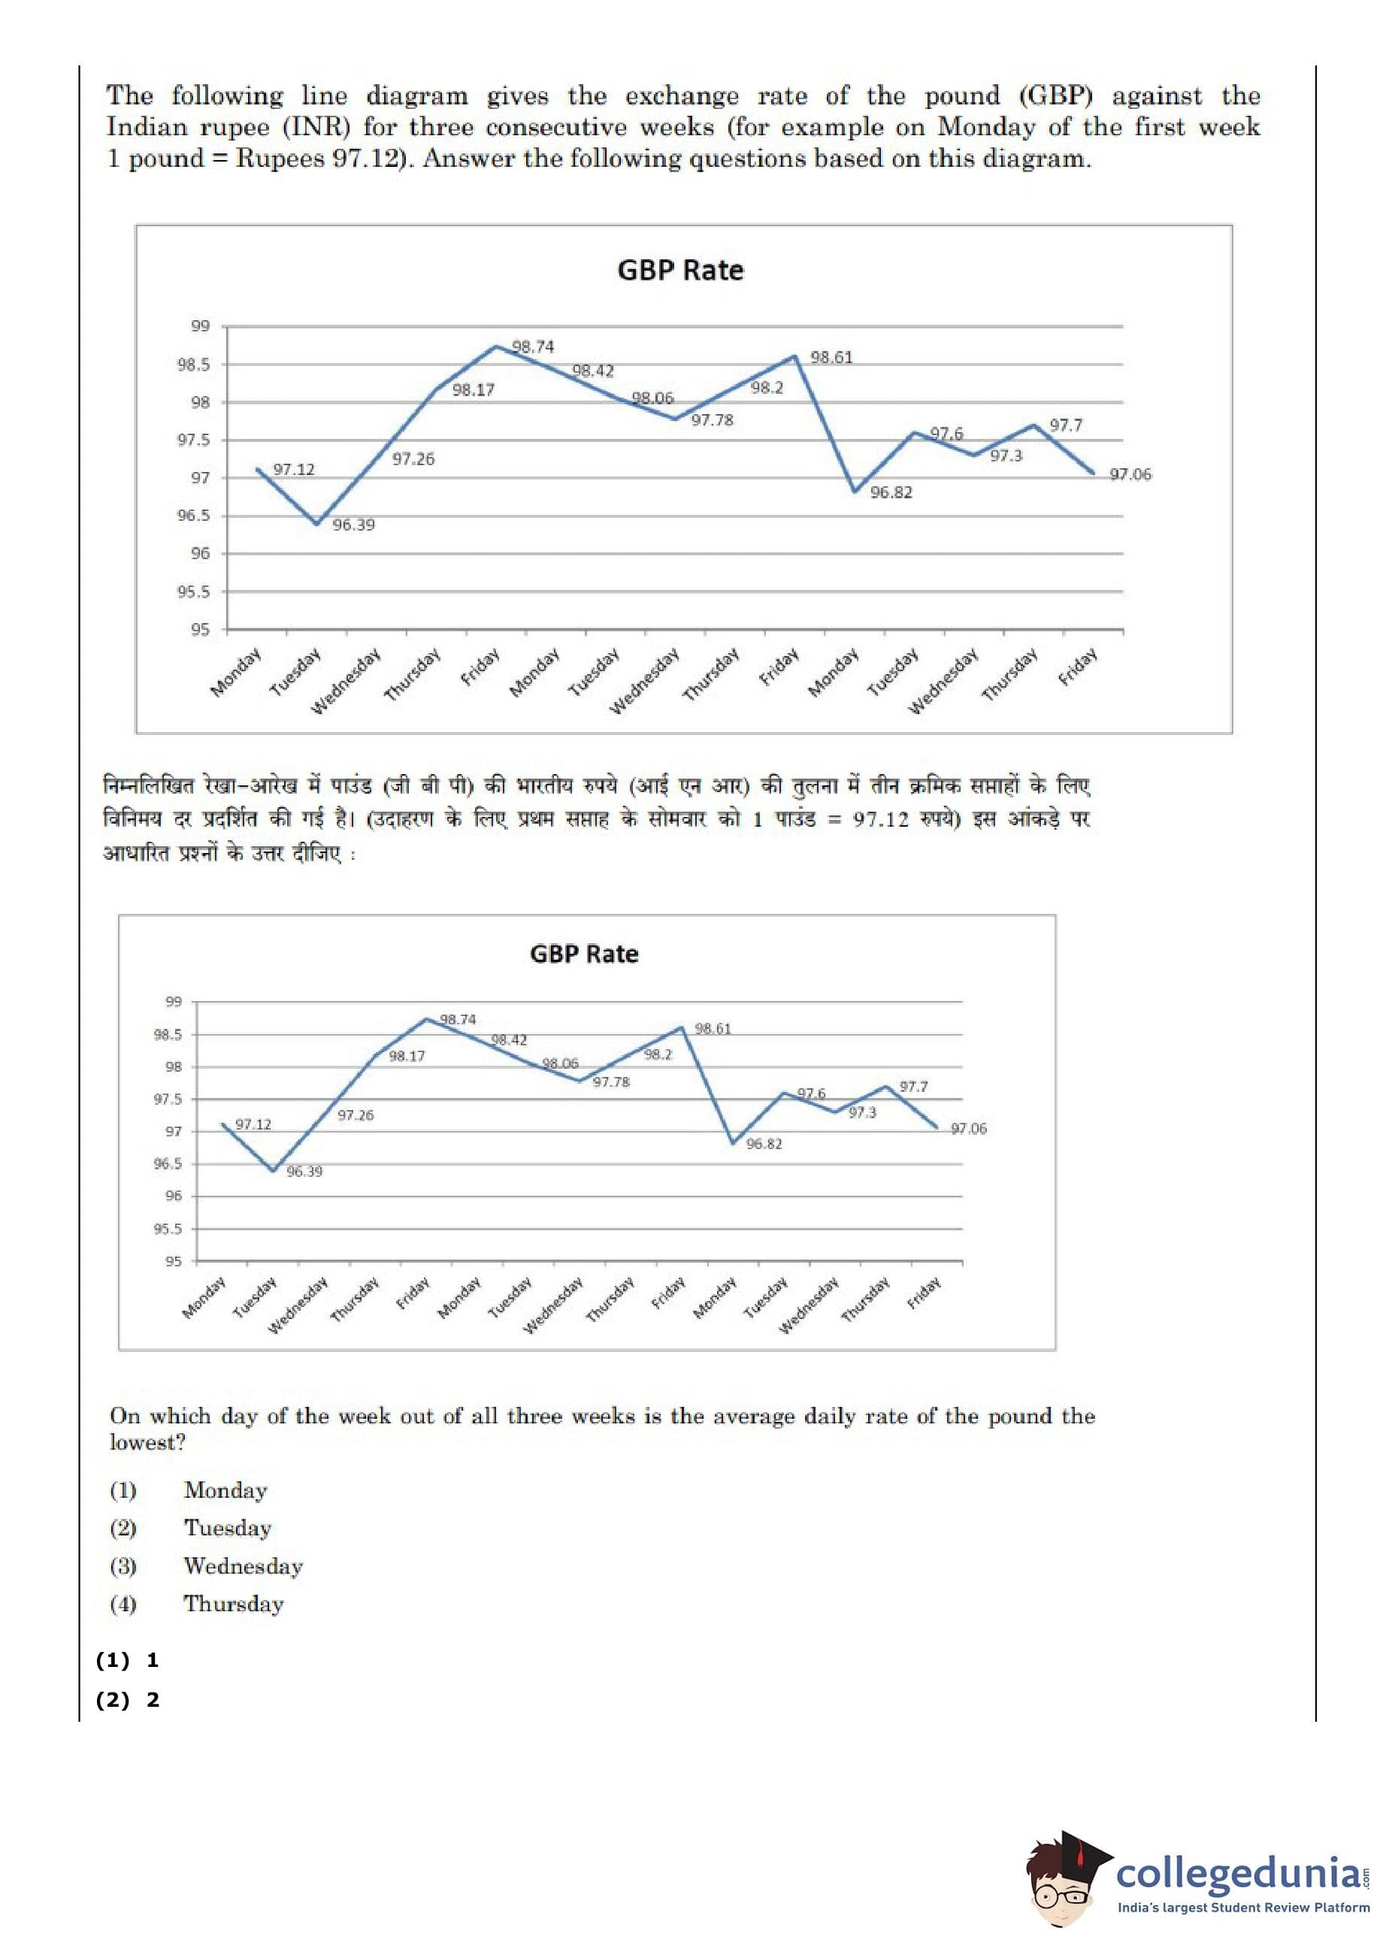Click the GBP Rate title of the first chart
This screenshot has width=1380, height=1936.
point(679,270)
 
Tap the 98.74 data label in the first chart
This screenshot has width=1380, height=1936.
point(533,346)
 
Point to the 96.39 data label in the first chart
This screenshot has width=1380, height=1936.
point(353,525)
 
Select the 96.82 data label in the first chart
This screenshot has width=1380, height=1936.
point(891,492)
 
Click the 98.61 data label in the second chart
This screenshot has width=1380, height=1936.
point(713,1029)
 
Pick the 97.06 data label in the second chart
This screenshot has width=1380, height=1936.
point(969,1129)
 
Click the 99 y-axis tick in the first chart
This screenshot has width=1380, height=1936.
point(200,326)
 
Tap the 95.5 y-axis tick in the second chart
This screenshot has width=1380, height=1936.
point(168,1230)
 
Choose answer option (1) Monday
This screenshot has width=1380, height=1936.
point(225,1490)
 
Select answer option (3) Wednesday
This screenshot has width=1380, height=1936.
point(243,1565)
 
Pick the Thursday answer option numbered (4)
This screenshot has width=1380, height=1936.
point(234,1604)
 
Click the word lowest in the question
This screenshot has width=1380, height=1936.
point(146,1442)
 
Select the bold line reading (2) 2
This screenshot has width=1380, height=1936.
point(128,1699)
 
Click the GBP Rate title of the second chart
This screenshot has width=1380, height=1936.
point(584,954)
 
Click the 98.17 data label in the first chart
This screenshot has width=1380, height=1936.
point(474,390)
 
